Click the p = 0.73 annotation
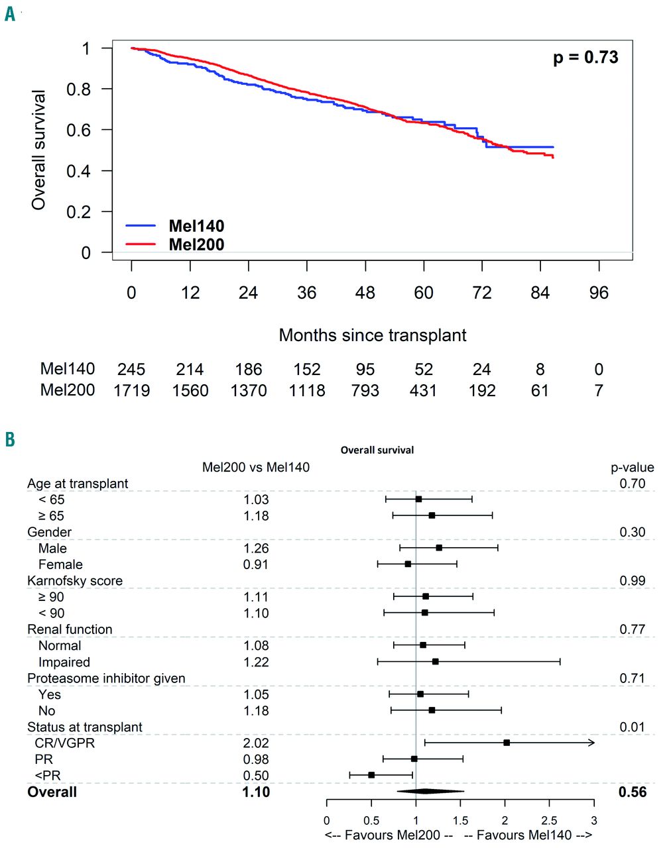585,58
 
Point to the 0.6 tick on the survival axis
79,130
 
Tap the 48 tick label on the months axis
365,293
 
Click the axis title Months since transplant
373,335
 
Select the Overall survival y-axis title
39,150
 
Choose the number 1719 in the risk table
131,390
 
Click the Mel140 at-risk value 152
307,369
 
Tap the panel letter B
10,440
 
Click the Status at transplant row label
84,727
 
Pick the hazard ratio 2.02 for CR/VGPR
256,743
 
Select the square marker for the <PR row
371,774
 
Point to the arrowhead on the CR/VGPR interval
591,743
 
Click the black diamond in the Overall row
430,791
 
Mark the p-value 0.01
632,727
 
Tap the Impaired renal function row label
64,662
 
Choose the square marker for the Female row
408,564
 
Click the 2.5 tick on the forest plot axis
550,820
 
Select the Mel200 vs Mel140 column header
255,467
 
